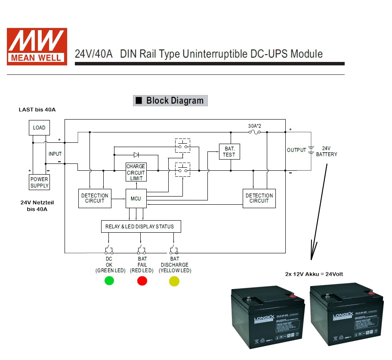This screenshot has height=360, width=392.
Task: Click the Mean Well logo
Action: (x=37, y=46)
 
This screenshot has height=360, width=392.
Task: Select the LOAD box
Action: (x=39, y=128)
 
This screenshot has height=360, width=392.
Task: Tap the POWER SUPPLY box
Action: (x=39, y=182)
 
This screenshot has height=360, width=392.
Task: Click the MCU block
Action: (x=136, y=199)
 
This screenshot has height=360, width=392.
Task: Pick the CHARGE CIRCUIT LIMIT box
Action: (x=136, y=172)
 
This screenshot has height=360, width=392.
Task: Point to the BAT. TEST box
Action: (x=229, y=152)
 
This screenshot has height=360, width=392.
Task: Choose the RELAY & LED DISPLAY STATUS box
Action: (x=141, y=226)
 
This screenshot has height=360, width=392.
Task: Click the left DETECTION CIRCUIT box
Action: (x=95, y=198)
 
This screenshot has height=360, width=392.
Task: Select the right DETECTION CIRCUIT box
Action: (x=259, y=198)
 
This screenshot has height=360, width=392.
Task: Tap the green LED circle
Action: (x=109, y=281)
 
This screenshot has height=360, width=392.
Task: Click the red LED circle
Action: (x=142, y=281)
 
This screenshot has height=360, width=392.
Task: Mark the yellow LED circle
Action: (x=174, y=281)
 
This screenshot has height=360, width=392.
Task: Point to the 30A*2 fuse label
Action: (x=255, y=126)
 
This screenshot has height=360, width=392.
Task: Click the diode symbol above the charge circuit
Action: (x=136, y=154)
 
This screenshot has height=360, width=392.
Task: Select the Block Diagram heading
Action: (x=170, y=101)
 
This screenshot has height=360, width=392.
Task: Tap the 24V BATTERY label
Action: (x=327, y=151)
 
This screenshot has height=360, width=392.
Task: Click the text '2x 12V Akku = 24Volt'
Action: (x=314, y=274)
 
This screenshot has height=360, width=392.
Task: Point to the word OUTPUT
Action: (x=296, y=150)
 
